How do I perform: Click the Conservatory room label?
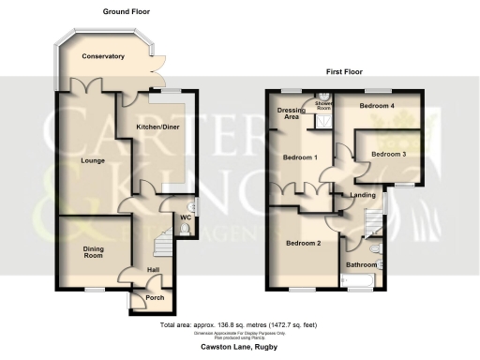point(103,56)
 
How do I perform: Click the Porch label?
point(156,298)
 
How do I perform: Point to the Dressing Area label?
point(288,114)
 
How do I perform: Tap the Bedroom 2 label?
point(303,243)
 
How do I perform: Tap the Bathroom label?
point(360,264)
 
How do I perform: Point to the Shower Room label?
point(324,107)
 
